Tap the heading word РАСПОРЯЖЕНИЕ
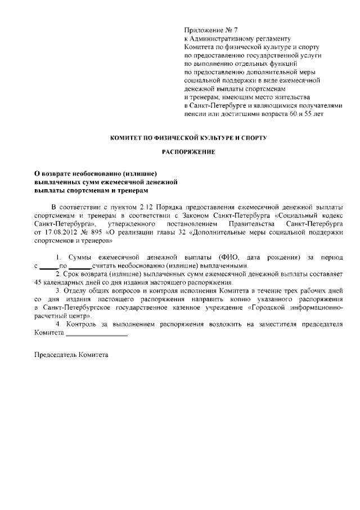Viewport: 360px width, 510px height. (188, 152)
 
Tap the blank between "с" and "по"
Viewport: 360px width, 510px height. (49, 265)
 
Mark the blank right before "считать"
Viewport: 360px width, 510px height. (83, 265)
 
